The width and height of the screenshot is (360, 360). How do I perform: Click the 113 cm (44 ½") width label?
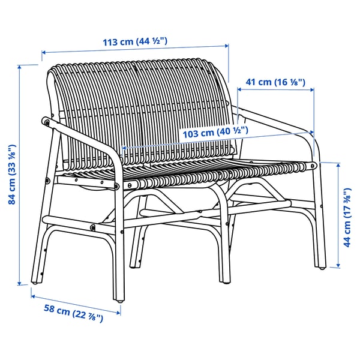pos(135,41)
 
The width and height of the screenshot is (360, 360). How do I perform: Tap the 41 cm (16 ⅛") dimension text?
pos(275,82)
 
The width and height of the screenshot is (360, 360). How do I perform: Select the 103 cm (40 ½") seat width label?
pos(215,133)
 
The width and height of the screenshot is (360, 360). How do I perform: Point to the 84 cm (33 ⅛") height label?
pos(12,175)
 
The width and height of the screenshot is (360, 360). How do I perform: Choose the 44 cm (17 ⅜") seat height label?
pos(347,217)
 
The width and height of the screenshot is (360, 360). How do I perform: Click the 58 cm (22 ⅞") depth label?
pos(73,313)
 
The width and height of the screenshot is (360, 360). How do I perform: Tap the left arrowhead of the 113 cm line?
pos(44,53)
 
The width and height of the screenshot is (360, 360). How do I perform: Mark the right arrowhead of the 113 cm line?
pos(227,46)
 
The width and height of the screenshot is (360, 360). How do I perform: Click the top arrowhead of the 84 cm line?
pos(20,67)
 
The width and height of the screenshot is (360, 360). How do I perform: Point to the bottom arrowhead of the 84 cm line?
pos(20,283)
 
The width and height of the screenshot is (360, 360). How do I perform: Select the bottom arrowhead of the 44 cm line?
pos(338,265)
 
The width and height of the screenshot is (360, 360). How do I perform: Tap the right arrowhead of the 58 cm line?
pos(118,313)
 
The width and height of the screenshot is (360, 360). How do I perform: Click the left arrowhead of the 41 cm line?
pos(239,89)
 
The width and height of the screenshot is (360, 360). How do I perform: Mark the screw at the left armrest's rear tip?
pos(47,122)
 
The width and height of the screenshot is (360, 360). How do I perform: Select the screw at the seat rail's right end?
pos(313,166)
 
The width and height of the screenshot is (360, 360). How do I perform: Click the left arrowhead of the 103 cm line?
pos(124,148)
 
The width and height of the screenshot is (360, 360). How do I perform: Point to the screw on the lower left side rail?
pos(93,227)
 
